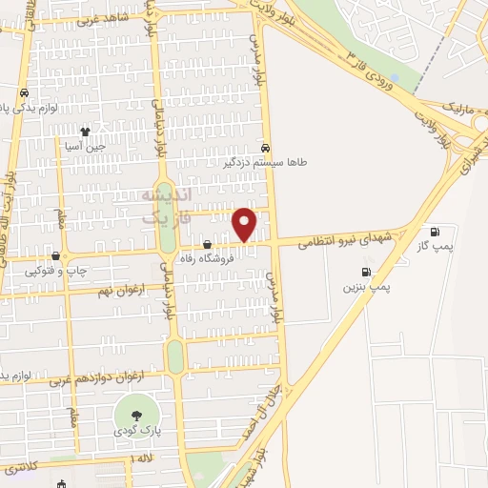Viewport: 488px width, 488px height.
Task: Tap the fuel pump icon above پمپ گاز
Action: pyautogui.click(x=436, y=231)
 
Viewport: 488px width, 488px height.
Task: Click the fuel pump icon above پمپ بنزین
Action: pyautogui.click(x=366, y=272)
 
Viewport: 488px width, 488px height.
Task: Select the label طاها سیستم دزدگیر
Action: pyautogui.click(x=264, y=163)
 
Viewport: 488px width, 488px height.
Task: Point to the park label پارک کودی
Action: pyautogui.click(x=132, y=432)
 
